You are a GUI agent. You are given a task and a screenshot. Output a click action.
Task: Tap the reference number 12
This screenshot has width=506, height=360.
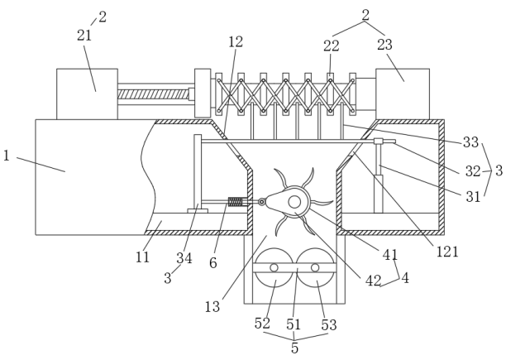point(235,41)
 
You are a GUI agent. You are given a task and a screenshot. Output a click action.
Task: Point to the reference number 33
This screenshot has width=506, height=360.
point(470,142)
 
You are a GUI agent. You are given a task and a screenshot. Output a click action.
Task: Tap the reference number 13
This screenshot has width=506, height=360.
point(213,307)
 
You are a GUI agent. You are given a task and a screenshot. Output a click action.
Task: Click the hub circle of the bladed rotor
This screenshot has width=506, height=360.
point(294,202)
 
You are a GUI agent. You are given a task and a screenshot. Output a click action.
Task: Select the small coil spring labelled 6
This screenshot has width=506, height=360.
point(235,202)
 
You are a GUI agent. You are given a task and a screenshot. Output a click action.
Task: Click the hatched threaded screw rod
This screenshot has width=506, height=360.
point(155,94)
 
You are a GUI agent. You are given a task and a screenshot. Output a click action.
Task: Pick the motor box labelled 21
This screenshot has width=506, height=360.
point(87,93)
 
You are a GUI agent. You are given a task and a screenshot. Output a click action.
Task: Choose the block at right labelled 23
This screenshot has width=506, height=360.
point(403,93)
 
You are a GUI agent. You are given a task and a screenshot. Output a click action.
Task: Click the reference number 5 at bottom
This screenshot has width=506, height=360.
point(294,348)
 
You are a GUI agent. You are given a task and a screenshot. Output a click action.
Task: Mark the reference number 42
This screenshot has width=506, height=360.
point(373,281)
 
